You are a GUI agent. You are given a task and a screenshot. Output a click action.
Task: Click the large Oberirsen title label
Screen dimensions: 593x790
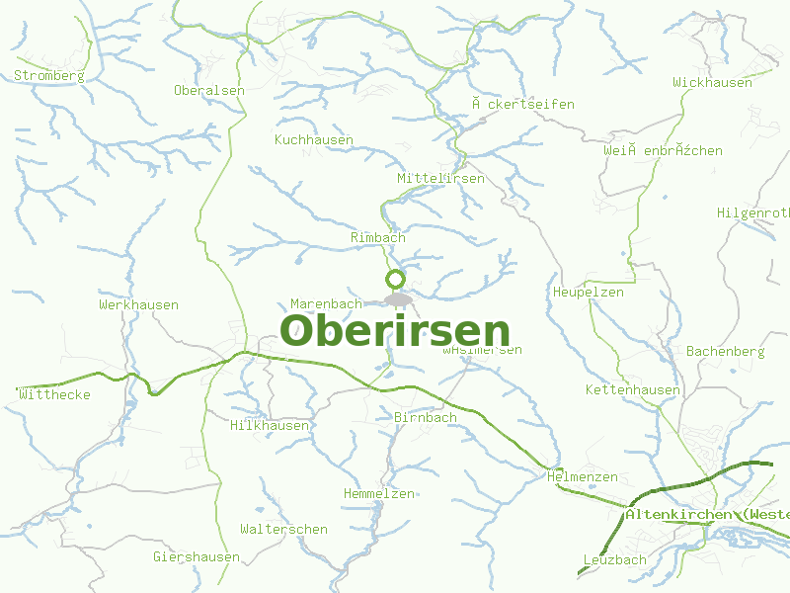pyautogui.click(x=395, y=331)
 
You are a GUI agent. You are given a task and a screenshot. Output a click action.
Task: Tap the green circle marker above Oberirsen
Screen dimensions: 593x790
pyautogui.click(x=395, y=278)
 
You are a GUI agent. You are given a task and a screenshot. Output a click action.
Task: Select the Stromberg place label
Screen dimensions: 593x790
pyautogui.click(x=49, y=75)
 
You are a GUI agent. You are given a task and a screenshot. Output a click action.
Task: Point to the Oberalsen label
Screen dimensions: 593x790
pyautogui.click(x=209, y=90)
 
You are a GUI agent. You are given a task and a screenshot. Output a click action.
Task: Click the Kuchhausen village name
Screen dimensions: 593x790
pyautogui.click(x=314, y=140)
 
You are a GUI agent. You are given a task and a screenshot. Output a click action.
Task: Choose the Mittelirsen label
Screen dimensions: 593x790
pyautogui.click(x=440, y=179)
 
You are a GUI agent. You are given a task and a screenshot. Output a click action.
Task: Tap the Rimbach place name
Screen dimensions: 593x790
pyautogui.click(x=378, y=238)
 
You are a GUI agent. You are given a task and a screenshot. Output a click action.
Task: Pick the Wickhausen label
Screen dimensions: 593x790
pyautogui.click(x=712, y=83)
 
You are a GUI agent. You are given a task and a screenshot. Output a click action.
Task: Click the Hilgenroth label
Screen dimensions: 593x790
pyautogui.click(x=752, y=213)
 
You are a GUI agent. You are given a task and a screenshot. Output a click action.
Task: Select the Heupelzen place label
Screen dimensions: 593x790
pyautogui.click(x=589, y=293)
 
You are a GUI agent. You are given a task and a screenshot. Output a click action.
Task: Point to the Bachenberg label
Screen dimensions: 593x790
pyautogui.click(x=726, y=352)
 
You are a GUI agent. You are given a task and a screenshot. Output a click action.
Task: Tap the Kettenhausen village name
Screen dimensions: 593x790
pyautogui.click(x=633, y=390)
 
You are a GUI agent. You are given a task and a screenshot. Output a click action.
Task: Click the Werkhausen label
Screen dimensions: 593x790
pyautogui.click(x=138, y=305)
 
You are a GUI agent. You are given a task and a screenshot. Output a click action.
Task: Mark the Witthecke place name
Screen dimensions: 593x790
pyautogui.click(x=55, y=395)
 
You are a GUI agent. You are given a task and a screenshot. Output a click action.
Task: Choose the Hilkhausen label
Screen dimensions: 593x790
pyautogui.click(x=270, y=426)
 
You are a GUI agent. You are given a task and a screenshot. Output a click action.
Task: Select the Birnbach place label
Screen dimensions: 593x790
pyautogui.click(x=426, y=418)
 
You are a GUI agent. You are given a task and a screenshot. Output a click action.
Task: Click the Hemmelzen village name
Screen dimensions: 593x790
pyautogui.click(x=379, y=494)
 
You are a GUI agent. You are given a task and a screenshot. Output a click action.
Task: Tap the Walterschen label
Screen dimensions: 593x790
pyautogui.click(x=283, y=530)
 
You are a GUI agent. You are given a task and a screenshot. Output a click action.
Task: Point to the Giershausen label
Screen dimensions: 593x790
pyautogui.click(x=197, y=557)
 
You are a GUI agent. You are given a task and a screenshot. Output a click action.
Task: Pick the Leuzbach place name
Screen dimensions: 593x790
pyautogui.click(x=615, y=560)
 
